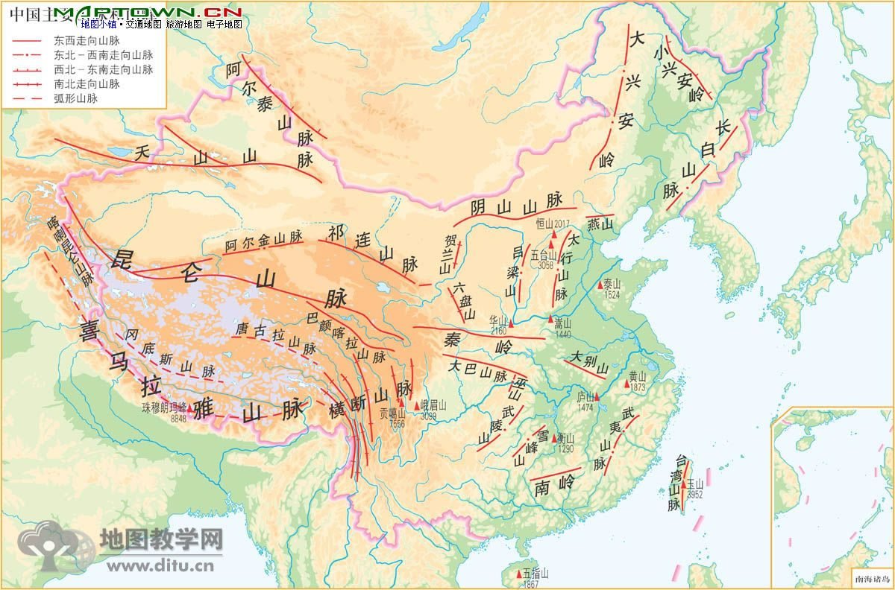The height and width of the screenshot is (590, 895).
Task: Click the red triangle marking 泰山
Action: tap(600, 285)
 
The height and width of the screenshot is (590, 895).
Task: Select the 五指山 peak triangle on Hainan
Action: tap(520, 574)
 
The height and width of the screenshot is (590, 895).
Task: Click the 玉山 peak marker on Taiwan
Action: tap(684, 484)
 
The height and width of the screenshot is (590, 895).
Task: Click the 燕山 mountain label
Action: tap(600, 223)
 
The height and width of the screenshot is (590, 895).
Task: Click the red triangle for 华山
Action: tap(512, 324)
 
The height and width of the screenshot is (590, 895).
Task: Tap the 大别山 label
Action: tap(589, 363)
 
